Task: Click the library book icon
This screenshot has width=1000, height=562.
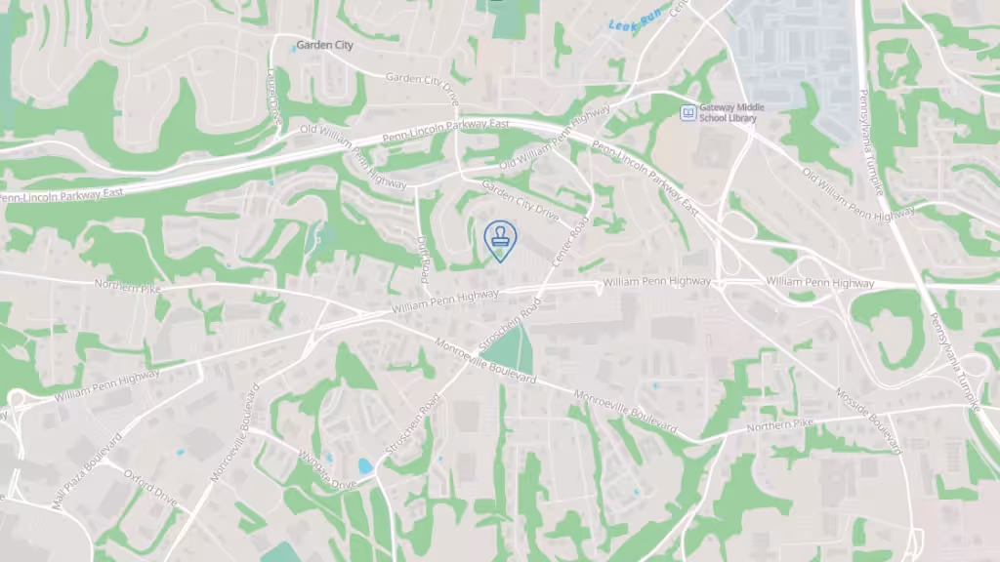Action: tap(687, 112)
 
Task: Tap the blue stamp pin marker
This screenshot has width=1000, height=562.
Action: tap(500, 240)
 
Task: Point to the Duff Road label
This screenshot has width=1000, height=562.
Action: tap(423, 259)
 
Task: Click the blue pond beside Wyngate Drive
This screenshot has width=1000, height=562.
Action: tap(365, 465)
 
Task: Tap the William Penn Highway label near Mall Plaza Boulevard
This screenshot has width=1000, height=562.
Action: tap(107, 387)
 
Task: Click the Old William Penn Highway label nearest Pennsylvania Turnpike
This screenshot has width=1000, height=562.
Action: tap(858, 195)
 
